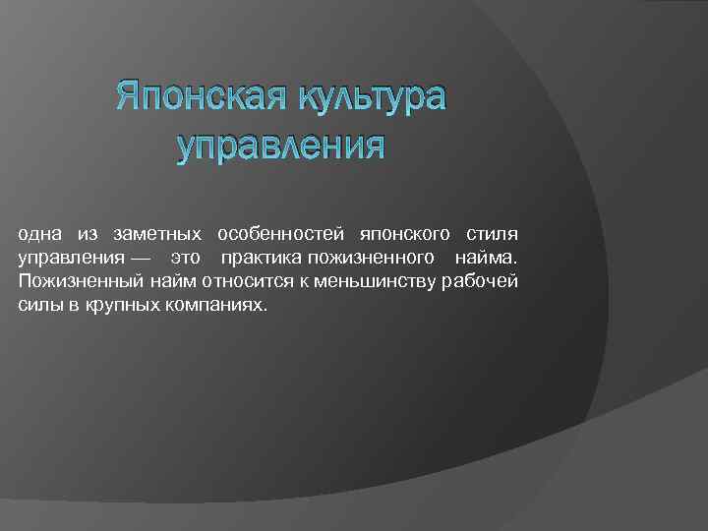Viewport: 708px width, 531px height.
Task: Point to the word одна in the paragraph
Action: coord(39,234)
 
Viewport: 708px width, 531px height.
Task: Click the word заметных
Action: coord(158,234)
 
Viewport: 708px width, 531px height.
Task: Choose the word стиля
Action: coord(497,234)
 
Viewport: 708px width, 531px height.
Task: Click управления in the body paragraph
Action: coord(66,258)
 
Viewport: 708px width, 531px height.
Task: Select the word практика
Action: coord(262,258)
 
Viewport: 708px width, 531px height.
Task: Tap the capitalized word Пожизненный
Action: coord(81,282)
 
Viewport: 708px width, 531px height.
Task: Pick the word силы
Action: coord(38,306)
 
